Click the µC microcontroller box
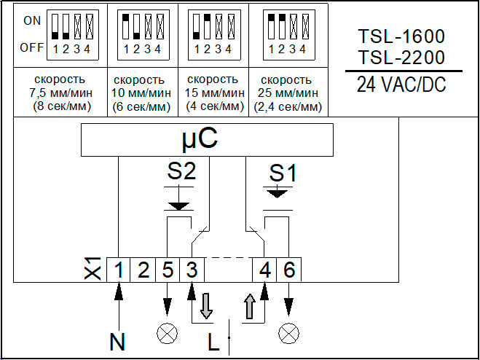(x=207, y=140)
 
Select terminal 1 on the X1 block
(x=119, y=270)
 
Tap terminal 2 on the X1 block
(x=143, y=270)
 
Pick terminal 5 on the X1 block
(x=168, y=270)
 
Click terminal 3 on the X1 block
(x=192, y=270)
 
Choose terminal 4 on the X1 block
(x=264, y=270)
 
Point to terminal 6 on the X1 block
(x=289, y=270)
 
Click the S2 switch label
(x=181, y=173)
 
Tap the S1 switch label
(x=283, y=174)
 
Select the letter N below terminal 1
(x=117, y=342)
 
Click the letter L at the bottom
(x=213, y=342)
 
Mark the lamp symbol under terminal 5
(x=167, y=334)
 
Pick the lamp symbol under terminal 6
(x=288, y=334)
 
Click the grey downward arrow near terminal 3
(x=206, y=306)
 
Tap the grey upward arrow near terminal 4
(x=250, y=306)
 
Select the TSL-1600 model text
(x=401, y=36)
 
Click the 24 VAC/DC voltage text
(x=401, y=85)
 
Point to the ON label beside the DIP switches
(x=32, y=21)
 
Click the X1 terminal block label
(x=93, y=269)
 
